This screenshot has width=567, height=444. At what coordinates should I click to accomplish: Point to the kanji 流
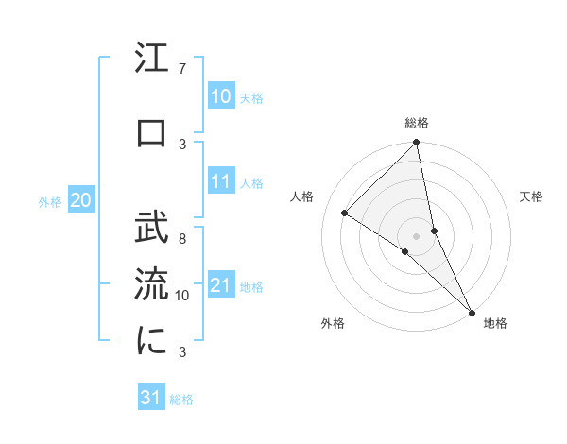click(x=152, y=283)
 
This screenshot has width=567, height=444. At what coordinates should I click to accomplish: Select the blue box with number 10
click(x=221, y=96)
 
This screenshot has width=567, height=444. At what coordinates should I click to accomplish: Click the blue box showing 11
click(x=221, y=182)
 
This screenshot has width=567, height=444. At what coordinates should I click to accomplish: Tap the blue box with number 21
click(x=221, y=285)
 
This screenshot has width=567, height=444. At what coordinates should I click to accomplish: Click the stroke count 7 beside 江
click(x=181, y=69)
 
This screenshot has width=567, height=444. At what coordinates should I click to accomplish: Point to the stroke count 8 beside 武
click(x=181, y=239)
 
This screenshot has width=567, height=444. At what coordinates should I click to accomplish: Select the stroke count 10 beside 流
click(x=182, y=296)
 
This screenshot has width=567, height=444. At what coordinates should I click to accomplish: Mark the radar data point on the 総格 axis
click(x=416, y=143)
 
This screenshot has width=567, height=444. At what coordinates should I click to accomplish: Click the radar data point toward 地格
click(x=470, y=311)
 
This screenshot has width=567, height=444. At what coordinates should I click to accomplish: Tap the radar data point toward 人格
click(x=345, y=213)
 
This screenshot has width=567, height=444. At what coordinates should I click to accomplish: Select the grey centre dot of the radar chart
click(x=416, y=235)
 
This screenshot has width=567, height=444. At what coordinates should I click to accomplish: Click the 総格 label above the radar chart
click(x=417, y=123)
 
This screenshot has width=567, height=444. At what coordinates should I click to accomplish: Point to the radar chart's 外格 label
click(x=333, y=323)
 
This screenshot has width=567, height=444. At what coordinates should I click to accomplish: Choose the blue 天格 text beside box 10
click(x=251, y=97)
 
